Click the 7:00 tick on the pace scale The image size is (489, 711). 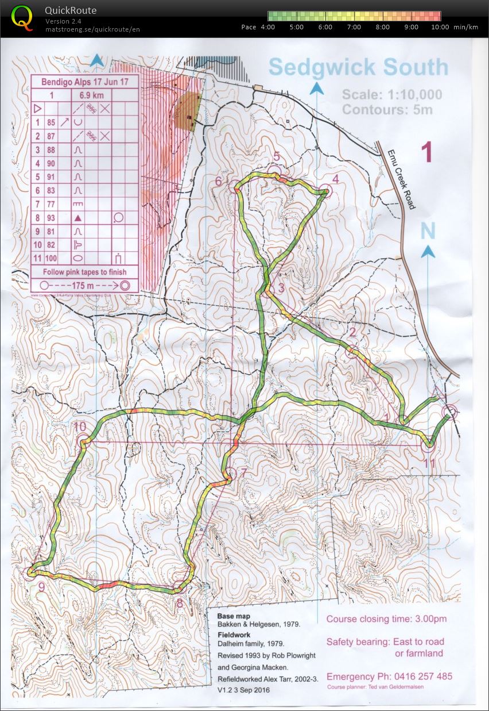354,27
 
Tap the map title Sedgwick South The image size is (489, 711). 358,67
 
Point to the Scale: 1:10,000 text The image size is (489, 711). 392,95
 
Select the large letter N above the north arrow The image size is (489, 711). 428,230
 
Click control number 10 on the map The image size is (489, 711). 80,426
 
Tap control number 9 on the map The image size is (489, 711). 41,587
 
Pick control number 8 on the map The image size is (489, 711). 180,603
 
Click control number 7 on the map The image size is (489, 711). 243,472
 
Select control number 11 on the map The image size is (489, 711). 429,463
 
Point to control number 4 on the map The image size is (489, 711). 336,178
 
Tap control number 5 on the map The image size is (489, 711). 276,156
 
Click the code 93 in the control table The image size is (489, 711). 51,218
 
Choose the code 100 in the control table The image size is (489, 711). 51,258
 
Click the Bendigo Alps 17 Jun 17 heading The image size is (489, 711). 84,82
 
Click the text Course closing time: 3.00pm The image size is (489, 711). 386,619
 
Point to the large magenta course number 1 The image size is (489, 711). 426,152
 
